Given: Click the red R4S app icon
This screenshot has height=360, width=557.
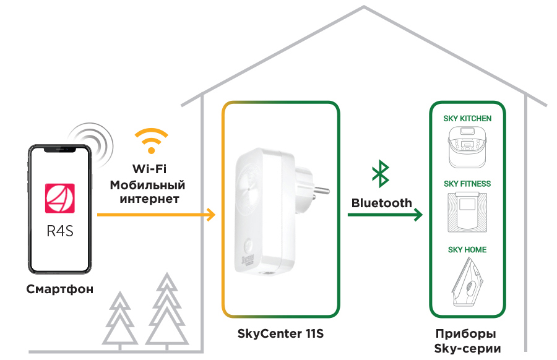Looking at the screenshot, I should pos(59,199).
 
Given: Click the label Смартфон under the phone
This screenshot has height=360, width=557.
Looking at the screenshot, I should pos(60,289).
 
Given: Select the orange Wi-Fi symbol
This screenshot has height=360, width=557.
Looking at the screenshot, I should pos(151,141).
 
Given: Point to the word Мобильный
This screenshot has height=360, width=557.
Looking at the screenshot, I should pos(147,185).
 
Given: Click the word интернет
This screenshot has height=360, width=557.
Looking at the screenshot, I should pos(149,199).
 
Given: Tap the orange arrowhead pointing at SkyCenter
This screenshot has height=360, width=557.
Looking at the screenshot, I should pos(211,215).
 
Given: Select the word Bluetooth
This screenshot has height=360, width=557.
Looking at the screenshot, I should pos(381,203).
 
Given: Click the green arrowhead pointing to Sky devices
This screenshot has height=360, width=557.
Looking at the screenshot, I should pos(418,215).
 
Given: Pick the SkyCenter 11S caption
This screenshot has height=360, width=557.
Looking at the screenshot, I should pos(280,334).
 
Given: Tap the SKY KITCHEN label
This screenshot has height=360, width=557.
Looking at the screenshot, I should pos(467,118).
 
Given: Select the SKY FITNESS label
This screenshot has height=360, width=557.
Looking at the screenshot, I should pos(467,184).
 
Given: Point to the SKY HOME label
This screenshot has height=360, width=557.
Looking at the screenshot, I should pos(467,250).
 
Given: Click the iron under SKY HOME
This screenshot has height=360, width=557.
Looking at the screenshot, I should pos(467,283).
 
